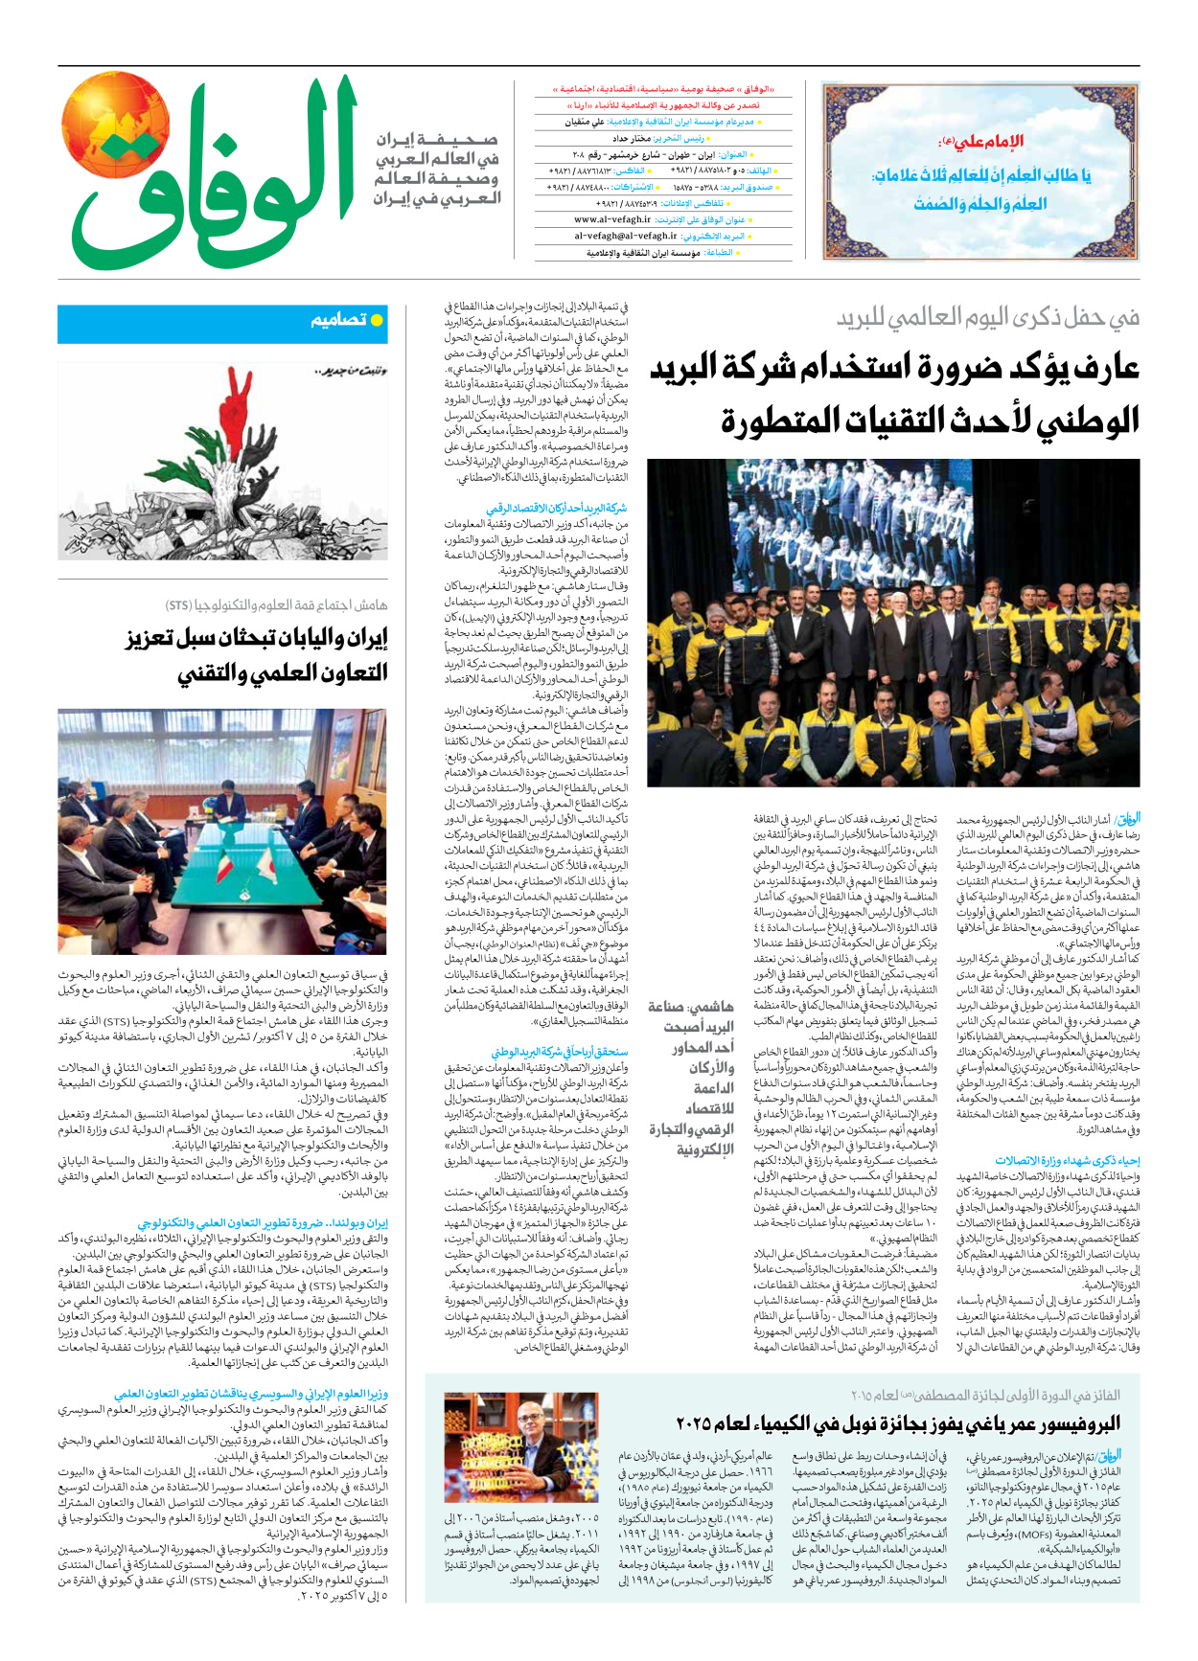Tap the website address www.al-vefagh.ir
click(x=612, y=219)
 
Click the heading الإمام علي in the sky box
click(x=979, y=142)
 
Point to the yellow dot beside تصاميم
click(x=378, y=320)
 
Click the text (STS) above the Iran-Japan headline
click(x=177, y=605)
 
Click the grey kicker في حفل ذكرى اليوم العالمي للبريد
click(x=987, y=318)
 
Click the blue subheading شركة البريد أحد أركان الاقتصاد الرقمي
click(x=556, y=509)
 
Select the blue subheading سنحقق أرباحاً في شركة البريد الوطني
click(x=560, y=1052)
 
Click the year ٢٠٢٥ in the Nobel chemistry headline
click(x=696, y=1422)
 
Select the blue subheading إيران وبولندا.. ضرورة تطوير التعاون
click(x=263, y=1223)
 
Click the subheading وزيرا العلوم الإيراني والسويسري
click(x=251, y=1394)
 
